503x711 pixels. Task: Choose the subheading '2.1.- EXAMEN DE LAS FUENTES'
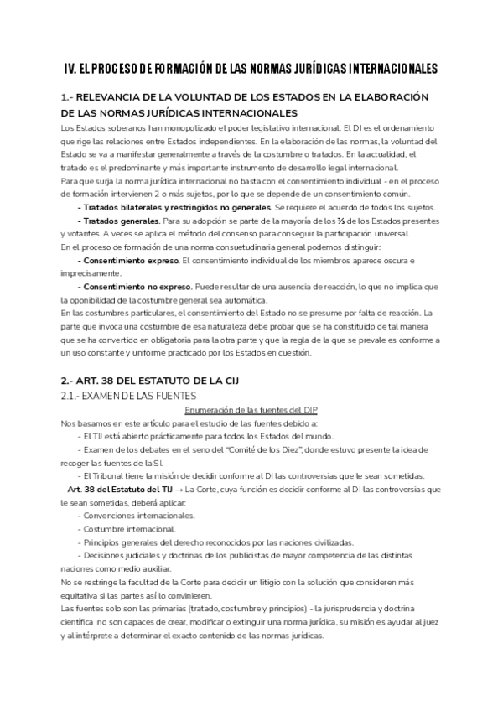128,396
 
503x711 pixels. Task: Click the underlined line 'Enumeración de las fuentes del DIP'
251,409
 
